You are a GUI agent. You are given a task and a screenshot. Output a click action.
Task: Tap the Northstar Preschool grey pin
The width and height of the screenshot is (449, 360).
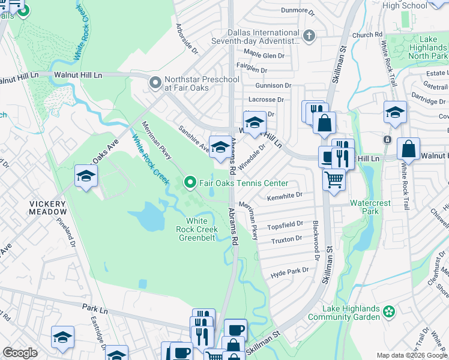155,83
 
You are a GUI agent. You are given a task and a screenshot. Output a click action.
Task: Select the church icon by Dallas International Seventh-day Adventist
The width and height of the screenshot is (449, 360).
309,36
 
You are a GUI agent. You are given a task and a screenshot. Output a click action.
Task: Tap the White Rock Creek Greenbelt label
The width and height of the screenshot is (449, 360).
197,229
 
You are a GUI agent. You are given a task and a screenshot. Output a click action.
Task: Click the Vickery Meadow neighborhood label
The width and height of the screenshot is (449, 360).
49,208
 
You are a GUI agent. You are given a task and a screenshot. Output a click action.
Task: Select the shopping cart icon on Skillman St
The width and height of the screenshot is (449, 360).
334,179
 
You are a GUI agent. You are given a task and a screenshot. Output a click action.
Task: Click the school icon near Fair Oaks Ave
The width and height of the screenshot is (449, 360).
86,176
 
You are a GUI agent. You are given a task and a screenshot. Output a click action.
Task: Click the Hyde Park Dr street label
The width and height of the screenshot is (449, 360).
289,271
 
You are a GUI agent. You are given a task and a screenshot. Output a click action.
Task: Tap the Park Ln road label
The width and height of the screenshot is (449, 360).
94,307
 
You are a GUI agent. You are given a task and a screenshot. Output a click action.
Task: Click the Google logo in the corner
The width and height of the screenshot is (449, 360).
20,353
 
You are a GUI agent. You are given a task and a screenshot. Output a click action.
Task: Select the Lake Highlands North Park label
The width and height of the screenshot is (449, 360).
427,47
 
